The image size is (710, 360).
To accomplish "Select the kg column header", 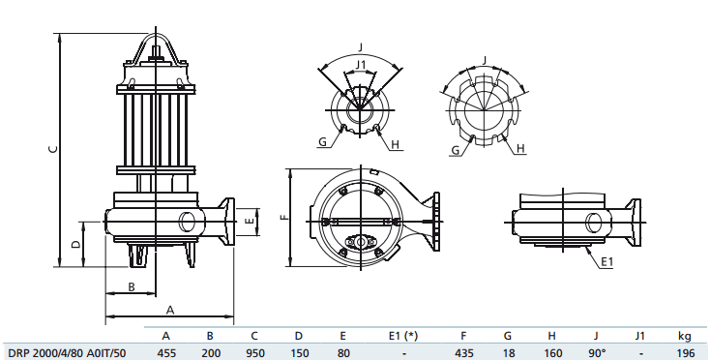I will (x=685, y=336).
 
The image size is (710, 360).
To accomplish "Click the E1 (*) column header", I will (x=402, y=336).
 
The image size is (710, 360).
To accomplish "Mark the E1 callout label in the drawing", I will (x=606, y=262).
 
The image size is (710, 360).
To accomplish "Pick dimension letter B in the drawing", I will (x=132, y=286).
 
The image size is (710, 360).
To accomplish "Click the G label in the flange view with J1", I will (x=322, y=141).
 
